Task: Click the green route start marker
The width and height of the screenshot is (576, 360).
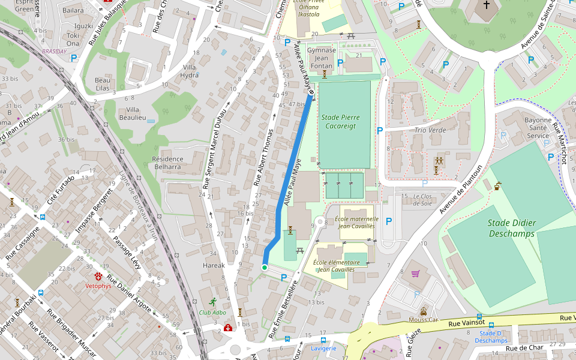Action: pos(265,267)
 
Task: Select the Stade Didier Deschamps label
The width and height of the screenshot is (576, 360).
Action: pos(511,228)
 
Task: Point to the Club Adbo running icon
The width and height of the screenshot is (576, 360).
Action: pos(212,302)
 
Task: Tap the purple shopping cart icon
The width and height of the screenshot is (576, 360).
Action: pos(415,274)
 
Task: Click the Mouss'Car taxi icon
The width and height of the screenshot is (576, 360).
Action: pos(424,311)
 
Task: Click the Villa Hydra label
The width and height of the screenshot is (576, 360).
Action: pos(190,71)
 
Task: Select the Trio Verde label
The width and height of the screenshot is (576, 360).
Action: pos(430,130)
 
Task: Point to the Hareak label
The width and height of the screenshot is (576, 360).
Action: pos(213,265)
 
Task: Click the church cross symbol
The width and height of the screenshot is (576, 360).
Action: pos(486,5)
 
